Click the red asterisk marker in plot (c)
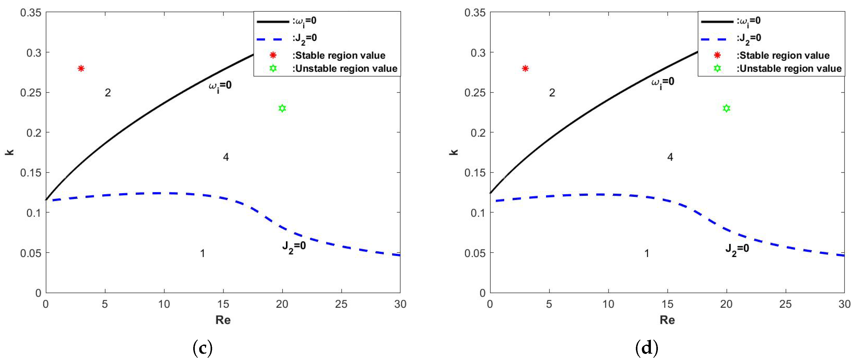click(81, 68)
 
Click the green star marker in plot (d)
click(726, 108)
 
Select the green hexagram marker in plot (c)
click(282, 108)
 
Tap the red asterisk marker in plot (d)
click(525, 68)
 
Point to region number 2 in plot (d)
click(552, 93)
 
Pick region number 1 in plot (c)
click(203, 253)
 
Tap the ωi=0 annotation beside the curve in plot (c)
click(220, 86)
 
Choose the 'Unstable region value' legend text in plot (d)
click(789, 68)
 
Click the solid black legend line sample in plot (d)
click(717, 22)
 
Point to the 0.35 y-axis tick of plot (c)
click(31, 13)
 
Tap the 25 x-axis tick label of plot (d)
click(785, 304)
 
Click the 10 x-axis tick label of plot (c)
click(164, 304)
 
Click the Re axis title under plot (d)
click(667, 320)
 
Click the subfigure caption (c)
click(203, 348)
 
